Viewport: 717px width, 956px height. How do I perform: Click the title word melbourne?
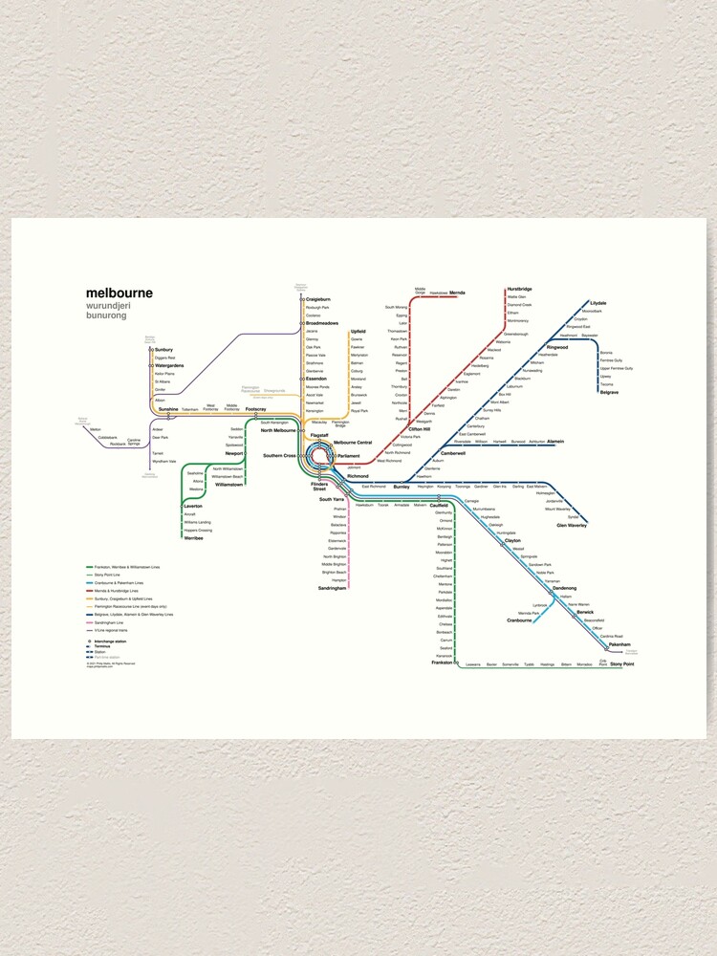[119, 293]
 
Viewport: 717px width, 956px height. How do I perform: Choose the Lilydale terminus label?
[598, 303]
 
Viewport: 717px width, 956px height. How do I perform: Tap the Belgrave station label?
[609, 392]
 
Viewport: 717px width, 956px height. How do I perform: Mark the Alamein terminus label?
[555, 441]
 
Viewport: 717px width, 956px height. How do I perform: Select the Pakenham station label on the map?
[620, 645]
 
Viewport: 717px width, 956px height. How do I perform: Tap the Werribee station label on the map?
[194, 537]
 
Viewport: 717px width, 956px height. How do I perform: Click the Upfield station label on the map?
[358, 331]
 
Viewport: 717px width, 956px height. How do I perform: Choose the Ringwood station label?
[556, 347]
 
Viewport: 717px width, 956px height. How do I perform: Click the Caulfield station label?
[439, 505]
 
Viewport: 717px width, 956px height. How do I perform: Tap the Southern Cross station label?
[279, 456]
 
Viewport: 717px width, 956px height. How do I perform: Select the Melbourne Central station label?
[353, 442]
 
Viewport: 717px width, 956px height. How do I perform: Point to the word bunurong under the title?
[105, 315]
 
